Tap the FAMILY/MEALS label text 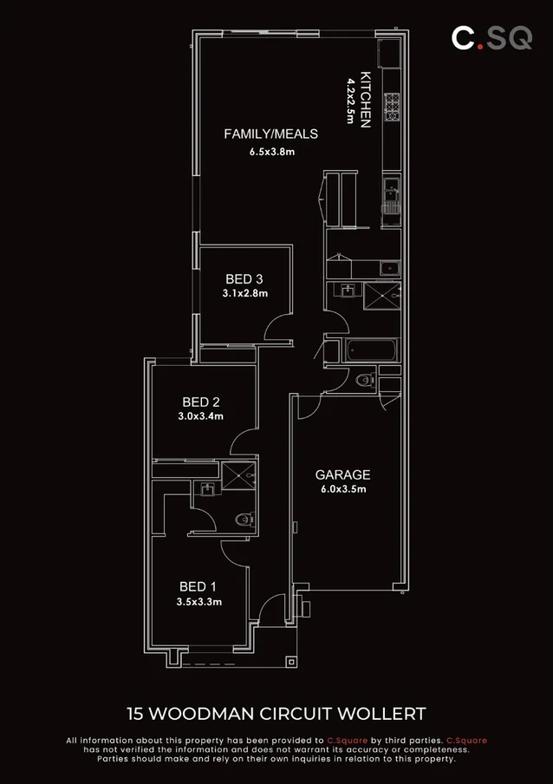click(x=270, y=134)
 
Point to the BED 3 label click(x=244, y=279)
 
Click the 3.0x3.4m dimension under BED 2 click(x=200, y=416)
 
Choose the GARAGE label click(x=342, y=475)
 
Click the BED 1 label click(x=199, y=585)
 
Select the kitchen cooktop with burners click(x=392, y=105)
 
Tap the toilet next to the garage click(x=365, y=379)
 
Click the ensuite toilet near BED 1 click(x=245, y=519)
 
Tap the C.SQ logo click(x=491, y=37)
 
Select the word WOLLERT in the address click(x=386, y=714)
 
